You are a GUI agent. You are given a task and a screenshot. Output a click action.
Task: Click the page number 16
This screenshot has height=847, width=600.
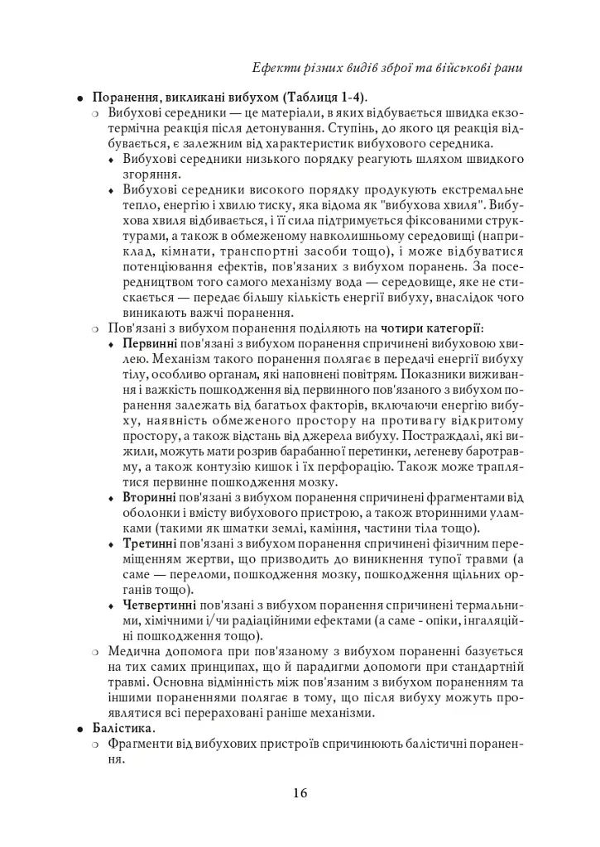pyautogui.click(x=300, y=793)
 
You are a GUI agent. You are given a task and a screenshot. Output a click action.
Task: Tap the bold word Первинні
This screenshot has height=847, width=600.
pyautogui.click(x=149, y=342)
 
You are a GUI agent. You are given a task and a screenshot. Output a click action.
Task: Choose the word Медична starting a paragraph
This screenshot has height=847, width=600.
pyautogui.click(x=132, y=652)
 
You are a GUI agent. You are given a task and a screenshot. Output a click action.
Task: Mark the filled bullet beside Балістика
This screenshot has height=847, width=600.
pyautogui.click(x=80, y=729)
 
